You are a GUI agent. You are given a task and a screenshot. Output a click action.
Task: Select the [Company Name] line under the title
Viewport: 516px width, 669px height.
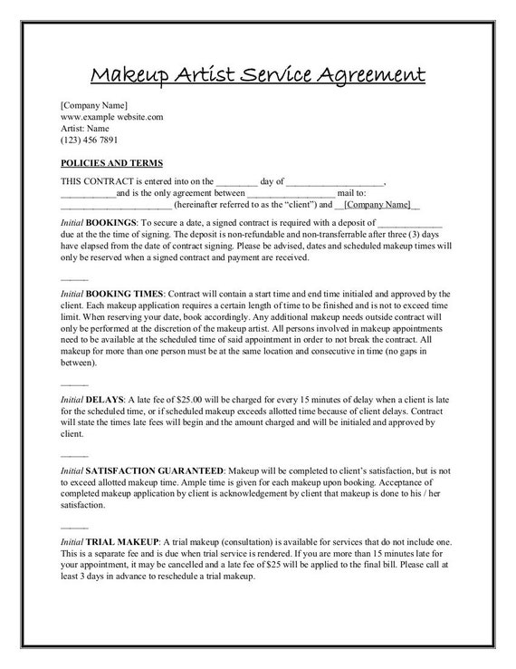tap(94, 105)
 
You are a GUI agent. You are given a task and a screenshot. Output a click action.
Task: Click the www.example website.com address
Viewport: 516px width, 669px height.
tap(111, 117)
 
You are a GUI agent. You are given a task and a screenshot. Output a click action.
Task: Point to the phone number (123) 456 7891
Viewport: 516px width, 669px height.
tap(89, 141)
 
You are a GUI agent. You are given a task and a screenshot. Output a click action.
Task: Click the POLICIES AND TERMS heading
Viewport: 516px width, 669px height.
tap(111, 163)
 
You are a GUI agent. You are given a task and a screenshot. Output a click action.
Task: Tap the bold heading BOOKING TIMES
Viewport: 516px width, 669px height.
tap(125, 294)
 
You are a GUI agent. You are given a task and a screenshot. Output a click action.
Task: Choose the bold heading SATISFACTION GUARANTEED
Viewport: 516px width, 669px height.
tap(156, 471)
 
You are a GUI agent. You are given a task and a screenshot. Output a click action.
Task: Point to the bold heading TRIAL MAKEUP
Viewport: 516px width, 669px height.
tap(123, 540)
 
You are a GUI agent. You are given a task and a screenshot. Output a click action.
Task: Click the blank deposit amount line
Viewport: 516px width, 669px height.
tap(408, 222)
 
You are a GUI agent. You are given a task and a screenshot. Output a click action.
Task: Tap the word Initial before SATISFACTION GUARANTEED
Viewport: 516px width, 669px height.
tap(72, 471)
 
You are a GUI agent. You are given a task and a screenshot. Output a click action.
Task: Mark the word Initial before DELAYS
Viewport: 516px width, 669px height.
tap(72, 399)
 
